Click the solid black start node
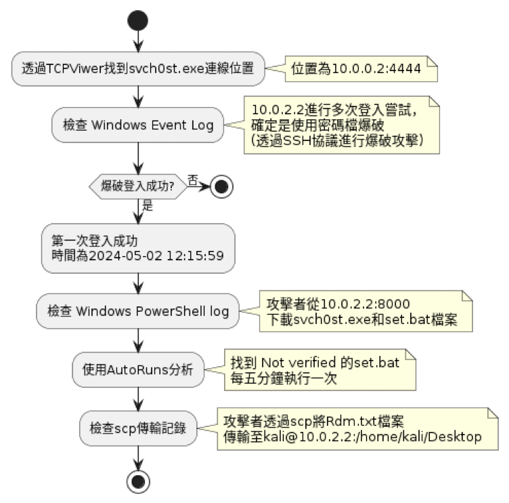tap(138, 20)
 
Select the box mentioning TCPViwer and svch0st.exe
tap(138, 70)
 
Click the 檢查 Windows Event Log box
tap(138, 125)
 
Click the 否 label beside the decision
tap(193, 180)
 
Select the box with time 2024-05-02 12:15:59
tap(138, 247)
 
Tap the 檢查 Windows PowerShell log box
tap(138, 311)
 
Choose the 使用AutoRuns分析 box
tap(138, 369)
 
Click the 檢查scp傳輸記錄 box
tap(138, 428)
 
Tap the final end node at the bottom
tap(138, 481)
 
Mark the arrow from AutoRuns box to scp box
tap(138, 399)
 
